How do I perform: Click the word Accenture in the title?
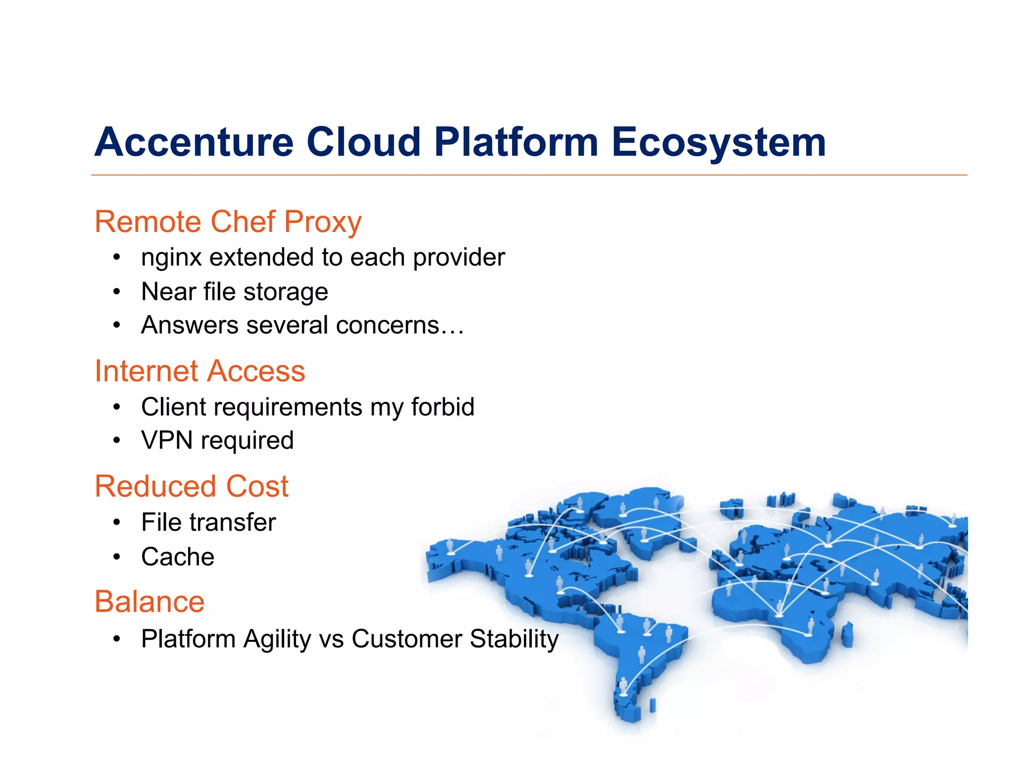(x=194, y=142)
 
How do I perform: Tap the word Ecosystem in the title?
(x=718, y=143)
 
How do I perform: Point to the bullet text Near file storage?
(x=234, y=291)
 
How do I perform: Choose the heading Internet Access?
(x=200, y=371)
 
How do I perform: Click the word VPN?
(x=166, y=441)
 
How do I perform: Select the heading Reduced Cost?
(x=192, y=486)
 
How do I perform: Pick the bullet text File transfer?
(x=208, y=522)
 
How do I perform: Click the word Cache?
(x=178, y=557)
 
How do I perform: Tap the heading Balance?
(x=150, y=602)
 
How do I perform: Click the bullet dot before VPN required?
(x=116, y=441)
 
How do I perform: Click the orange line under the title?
(x=529, y=175)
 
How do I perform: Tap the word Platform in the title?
(x=516, y=142)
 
